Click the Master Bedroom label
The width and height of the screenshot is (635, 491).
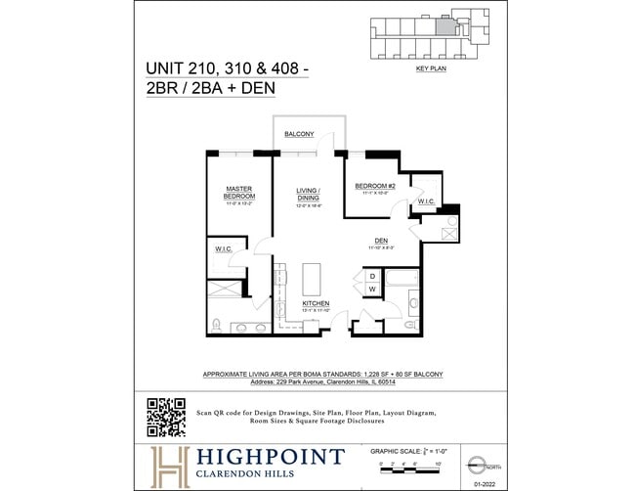239,192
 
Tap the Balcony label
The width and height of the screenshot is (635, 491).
299,133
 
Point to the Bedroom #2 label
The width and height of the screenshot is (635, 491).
373,186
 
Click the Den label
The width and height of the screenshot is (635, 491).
382,241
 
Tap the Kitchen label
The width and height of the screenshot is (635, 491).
316,304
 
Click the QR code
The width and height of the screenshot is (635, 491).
166,417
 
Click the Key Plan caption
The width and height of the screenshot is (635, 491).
430,70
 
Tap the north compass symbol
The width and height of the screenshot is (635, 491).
476,463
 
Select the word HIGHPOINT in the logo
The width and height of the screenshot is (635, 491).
271,456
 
